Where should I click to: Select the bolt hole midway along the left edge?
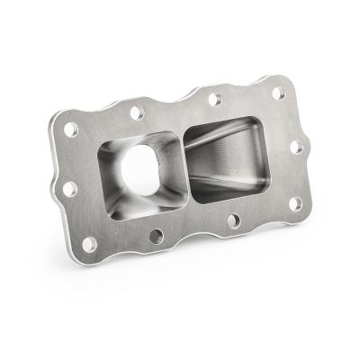68,189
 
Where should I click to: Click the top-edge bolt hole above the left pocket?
135,113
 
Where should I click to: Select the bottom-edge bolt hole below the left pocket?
156,237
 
